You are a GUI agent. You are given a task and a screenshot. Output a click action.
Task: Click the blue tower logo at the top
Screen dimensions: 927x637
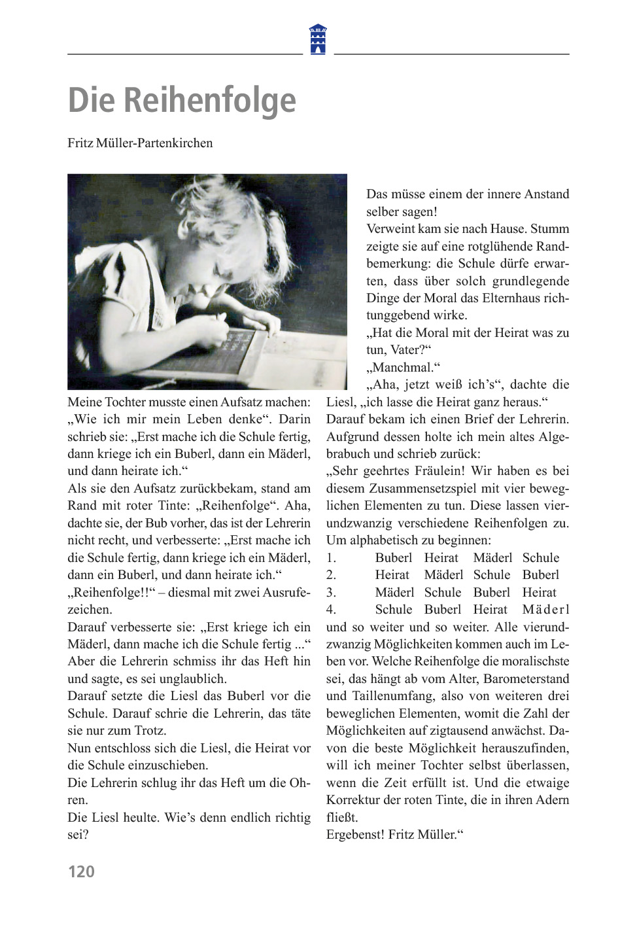tap(318, 39)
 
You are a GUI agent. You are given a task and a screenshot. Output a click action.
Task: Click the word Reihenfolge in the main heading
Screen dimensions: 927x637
tap(210, 101)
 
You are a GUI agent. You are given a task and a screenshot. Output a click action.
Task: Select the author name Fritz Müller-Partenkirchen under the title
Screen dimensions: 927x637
tap(140, 143)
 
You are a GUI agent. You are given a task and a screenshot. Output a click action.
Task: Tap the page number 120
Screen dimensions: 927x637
tap(81, 871)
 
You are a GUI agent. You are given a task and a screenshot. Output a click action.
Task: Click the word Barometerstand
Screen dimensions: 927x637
tap(523, 679)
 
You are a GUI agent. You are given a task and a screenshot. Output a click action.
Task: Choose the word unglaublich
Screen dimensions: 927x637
tap(189, 679)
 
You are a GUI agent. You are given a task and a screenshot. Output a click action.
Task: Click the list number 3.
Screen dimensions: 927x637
tap(331, 593)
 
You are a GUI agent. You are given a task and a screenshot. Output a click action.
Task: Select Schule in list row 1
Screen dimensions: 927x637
tap(541, 558)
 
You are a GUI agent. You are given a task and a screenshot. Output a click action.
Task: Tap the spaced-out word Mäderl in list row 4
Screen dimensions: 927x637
tap(545, 610)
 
